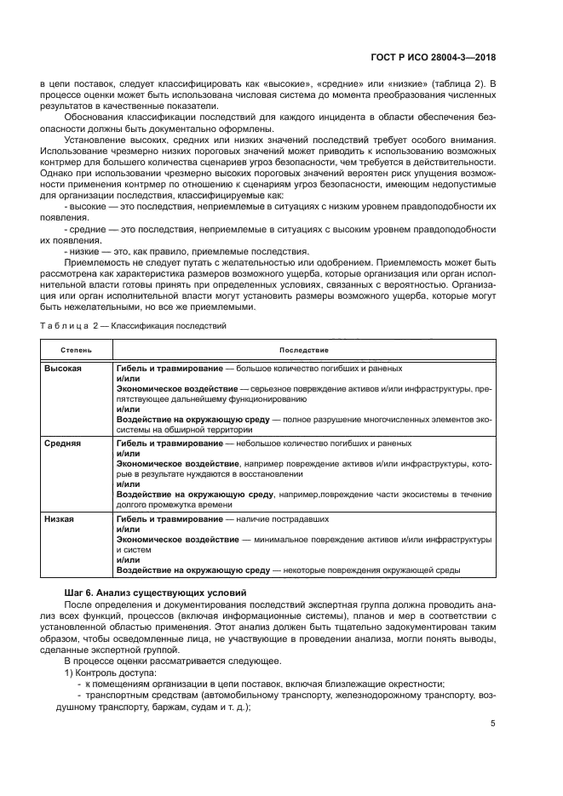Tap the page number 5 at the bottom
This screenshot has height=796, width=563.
click(493, 724)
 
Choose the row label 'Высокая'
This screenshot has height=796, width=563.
click(63, 368)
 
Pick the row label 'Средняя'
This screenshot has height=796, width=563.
click(62, 444)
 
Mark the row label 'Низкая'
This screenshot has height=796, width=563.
click(60, 518)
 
